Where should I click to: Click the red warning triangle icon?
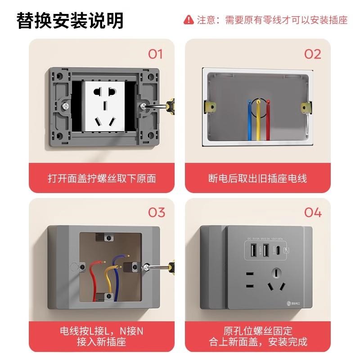(x=189, y=20)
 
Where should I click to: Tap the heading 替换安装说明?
(x=70, y=20)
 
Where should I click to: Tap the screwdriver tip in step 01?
(x=146, y=106)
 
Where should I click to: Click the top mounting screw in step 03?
(x=108, y=237)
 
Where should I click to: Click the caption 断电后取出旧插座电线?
(x=258, y=179)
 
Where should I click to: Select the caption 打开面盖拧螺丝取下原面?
(x=102, y=179)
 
